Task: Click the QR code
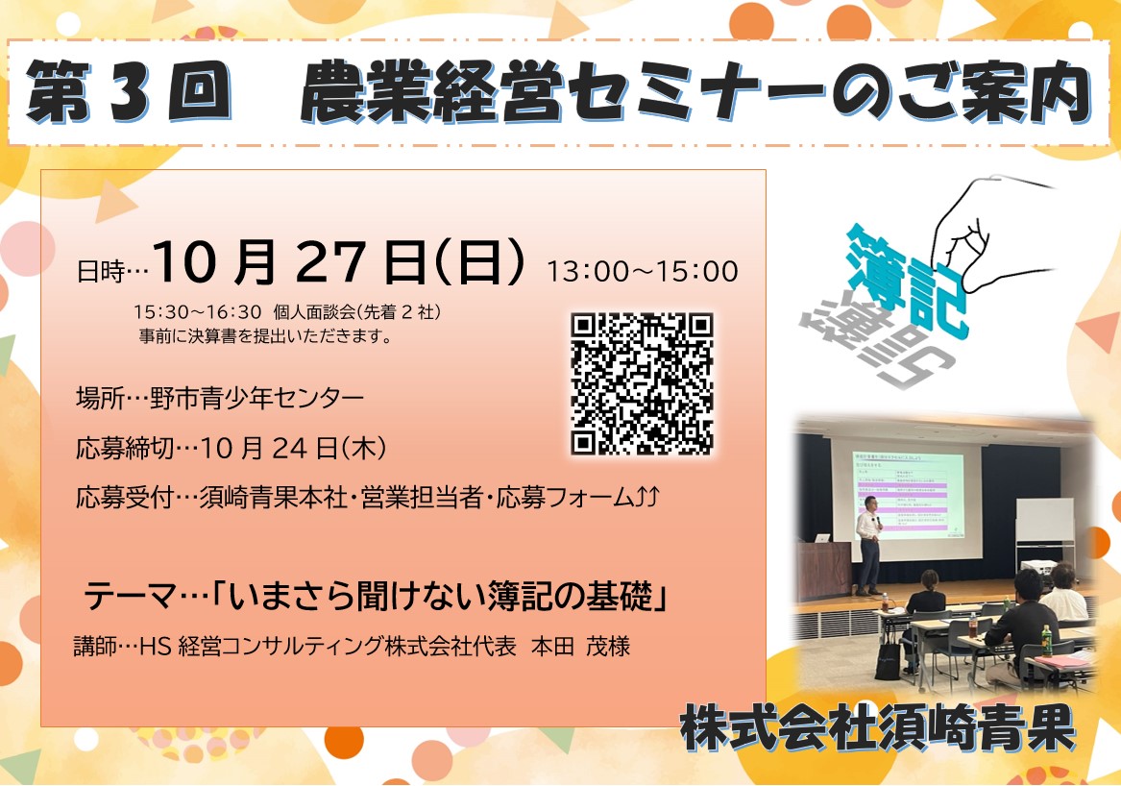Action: [x=642, y=383]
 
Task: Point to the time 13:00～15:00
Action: [x=642, y=272]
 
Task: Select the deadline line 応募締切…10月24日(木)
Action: [x=232, y=449]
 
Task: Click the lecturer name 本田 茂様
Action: [x=580, y=647]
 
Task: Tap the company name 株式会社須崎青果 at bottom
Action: [x=877, y=727]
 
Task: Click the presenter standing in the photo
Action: [x=868, y=545]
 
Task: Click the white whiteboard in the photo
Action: [x=1044, y=520]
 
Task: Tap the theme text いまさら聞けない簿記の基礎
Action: [x=443, y=598]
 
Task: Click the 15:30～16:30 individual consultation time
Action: [x=197, y=312]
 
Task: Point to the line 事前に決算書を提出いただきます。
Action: [x=266, y=335]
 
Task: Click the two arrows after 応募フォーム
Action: [x=646, y=497]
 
